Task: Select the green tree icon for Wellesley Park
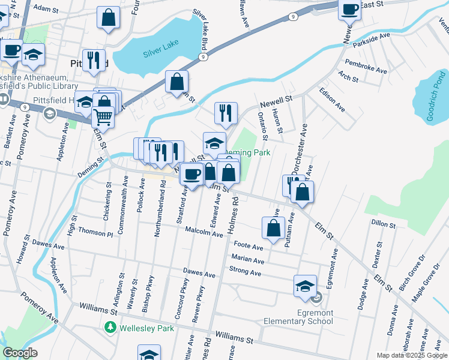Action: pyautogui.click(x=110, y=328)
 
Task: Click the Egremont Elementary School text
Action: pyautogui.click(x=315, y=317)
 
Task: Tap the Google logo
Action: pyautogui.click(x=20, y=353)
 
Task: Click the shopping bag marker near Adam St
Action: pyautogui.click(x=108, y=19)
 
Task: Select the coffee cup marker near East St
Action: pyautogui.click(x=350, y=9)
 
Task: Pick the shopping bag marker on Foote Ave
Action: pyautogui.click(x=273, y=229)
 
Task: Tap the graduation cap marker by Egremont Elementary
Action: pyautogui.click(x=306, y=286)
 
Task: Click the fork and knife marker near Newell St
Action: pyautogui.click(x=226, y=113)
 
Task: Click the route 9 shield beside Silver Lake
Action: pyautogui.click(x=203, y=57)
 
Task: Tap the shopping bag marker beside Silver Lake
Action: pyautogui.click(x=177, y=82)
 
